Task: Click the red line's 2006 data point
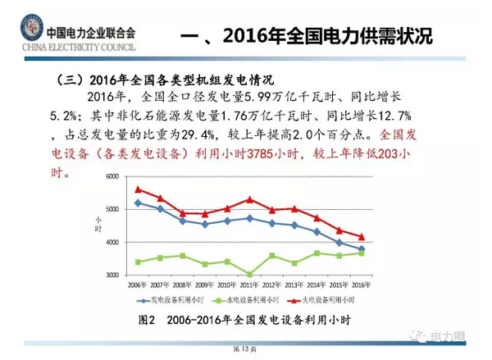(x=139, y=189)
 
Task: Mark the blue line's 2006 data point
(x=139, y=203)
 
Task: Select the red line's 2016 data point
(x=361, y=237)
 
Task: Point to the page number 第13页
(x=246, y=349)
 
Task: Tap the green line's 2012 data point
(x=271, y=255)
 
